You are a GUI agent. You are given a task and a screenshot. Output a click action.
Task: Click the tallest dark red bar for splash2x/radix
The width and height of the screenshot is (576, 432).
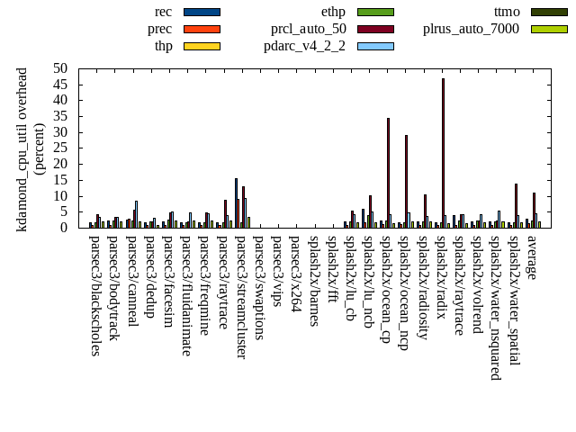(443, 153)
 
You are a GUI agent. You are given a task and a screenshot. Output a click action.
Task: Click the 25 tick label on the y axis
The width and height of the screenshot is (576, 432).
(60, 148)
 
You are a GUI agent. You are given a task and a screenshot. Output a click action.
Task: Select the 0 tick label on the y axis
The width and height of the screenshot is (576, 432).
(64, 228)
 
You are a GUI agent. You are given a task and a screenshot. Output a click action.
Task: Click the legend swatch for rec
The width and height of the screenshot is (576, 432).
(202, 12)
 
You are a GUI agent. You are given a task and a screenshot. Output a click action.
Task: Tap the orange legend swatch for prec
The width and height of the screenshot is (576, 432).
(202, 29)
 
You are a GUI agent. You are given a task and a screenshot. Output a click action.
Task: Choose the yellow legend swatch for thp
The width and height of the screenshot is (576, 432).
(202, 45)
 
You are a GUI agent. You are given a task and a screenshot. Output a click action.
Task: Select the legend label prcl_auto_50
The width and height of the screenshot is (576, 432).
(309, 29)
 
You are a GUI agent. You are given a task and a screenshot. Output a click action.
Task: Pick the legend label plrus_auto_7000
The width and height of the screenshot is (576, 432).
(471, 29)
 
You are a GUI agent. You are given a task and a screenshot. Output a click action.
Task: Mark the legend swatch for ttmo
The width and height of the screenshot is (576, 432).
(549, 12)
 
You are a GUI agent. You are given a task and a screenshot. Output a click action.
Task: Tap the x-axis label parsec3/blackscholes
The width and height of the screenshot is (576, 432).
(94, 295)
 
